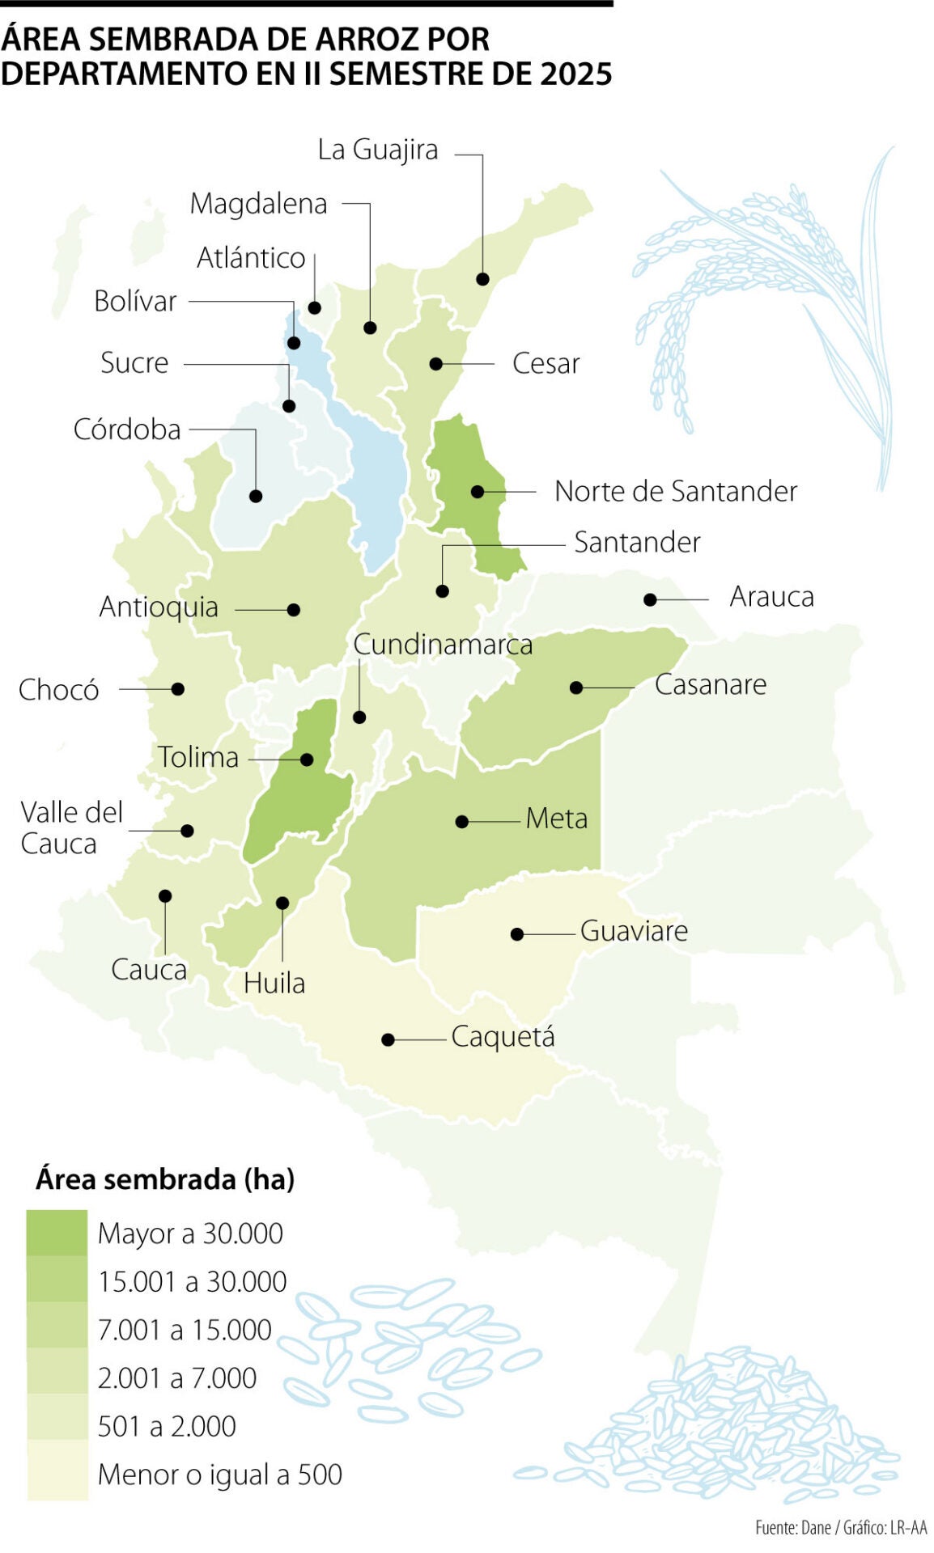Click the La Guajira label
pos(377,150)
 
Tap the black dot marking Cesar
pos(435,364)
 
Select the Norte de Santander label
pos(675,491)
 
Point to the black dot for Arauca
pos(650,599)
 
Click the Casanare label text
pos(710,684)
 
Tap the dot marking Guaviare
pos(517,934)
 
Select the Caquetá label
pos(503,1036)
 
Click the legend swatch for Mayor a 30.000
pos(57,1233)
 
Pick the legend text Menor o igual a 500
pos(219,1475)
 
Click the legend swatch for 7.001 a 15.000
pos(57,1329)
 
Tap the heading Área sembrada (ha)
pos(164,1179)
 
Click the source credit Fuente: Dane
pos(792,1527)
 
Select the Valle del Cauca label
pos(71,827)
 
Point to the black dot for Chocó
pos(178,689)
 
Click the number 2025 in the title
pos(575,74)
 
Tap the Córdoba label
pos(127,430)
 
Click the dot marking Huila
pos(282,903)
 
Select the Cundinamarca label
pos(443,645)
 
